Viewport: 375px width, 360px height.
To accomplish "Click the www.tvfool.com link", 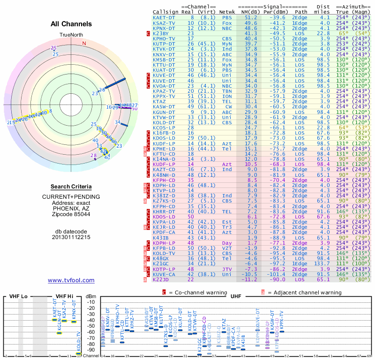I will pos(71,280).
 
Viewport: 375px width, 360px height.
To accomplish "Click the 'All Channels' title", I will pos(71,24).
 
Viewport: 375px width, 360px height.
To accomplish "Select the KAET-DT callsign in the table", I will pos(164,17).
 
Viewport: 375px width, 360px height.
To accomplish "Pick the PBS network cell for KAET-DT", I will pos(226,17).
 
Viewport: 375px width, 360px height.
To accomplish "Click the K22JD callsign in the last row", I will pos(161,279).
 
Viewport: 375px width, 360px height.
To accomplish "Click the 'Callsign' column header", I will pos(166,11).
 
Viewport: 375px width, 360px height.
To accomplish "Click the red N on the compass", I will pos(84,43).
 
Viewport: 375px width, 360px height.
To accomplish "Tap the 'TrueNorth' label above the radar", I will pos(71,35).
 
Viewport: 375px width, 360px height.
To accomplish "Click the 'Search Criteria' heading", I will pos(71,187).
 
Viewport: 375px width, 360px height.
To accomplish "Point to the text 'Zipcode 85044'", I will pos(71,214).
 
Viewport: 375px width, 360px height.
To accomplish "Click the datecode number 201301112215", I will pos(71,237).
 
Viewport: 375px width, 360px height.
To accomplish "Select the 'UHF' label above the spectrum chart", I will pos(235,297).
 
